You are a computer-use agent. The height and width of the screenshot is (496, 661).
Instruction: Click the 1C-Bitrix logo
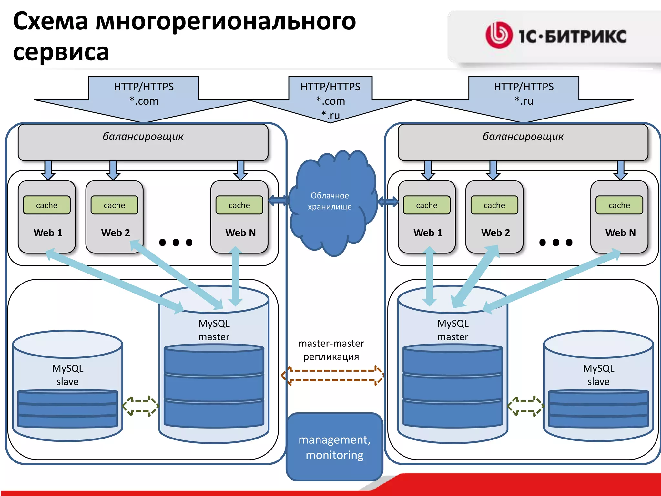pos(556,36)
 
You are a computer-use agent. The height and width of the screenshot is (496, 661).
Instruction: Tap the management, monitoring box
pos(334,447)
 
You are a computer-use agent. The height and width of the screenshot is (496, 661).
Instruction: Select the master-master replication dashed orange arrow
pos(332,376)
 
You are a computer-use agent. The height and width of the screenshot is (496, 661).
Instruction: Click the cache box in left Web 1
pos(47,205)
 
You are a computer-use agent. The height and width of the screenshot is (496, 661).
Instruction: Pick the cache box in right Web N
pos(619,205)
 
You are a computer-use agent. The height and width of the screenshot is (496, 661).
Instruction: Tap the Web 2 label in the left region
pos(116,233)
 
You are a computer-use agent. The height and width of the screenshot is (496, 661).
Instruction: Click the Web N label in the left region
pos(240,233)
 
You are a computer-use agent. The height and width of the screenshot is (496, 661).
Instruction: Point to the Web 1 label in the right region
pos(428,233)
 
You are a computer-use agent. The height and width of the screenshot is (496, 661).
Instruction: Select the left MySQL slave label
pos(68,375)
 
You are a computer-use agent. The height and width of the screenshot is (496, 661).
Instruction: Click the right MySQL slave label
pos(599,375)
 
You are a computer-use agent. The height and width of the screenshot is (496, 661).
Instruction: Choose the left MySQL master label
pos(214,330)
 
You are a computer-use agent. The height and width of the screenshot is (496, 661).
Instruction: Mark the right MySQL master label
pos(453,330)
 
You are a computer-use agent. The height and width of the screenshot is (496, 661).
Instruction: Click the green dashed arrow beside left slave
pos(141,406)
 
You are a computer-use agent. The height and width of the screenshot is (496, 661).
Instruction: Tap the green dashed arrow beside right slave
pos(525,406)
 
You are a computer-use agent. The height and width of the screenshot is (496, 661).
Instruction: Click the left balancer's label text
pos(143,137)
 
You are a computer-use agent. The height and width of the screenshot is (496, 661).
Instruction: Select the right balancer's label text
pos(523,137)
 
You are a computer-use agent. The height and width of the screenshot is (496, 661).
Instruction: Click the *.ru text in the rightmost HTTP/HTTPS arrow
pos(524,101)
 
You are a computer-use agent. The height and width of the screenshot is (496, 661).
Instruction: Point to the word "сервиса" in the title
pos(61,52)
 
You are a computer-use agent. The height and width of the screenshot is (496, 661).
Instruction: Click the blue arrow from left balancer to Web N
pos(240,170)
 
